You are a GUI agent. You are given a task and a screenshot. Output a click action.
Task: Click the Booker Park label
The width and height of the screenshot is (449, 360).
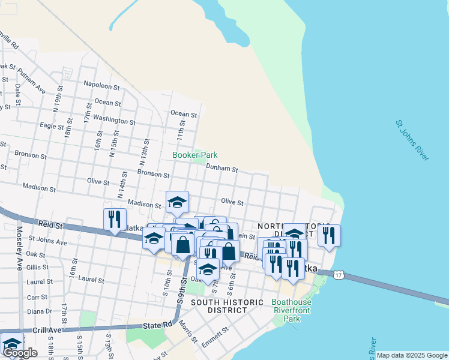click(194, 155)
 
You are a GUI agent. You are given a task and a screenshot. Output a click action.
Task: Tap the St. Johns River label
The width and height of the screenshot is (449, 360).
click(412, 140)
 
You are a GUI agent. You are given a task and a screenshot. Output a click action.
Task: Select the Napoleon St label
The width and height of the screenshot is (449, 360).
click(102, 85)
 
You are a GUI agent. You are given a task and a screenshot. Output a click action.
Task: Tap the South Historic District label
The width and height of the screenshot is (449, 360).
click(218, 306)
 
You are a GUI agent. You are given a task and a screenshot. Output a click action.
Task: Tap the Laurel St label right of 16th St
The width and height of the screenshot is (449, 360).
click(91, 280)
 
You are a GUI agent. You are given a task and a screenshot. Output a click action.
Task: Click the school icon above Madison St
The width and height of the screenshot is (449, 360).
click(177, 202)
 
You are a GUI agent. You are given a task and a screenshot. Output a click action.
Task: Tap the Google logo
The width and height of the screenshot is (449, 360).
click(19, 353)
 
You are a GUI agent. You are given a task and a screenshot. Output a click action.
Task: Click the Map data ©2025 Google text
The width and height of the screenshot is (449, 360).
click(412, 355)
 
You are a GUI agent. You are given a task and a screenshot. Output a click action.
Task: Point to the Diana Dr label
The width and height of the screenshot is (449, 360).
click(40, 311)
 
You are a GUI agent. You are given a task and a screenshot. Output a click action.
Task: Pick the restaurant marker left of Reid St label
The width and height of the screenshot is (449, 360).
click(115, 220)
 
